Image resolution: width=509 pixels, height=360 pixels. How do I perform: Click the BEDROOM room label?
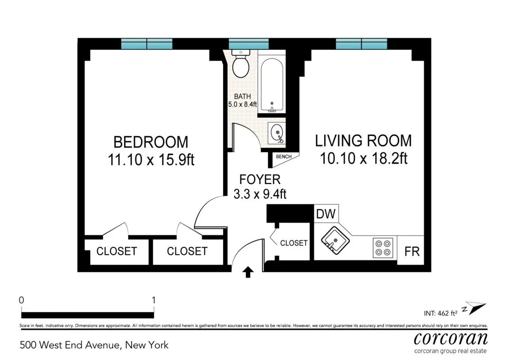pyautogui.click(x=151, y=142)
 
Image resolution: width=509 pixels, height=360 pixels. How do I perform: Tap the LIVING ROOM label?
pyautogui.click(x=363, y=140)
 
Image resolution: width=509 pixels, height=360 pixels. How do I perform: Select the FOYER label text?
pyautogui.click(x=260, y=180)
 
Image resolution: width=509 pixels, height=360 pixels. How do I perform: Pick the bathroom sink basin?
pyautogui.click(x=277, y=132)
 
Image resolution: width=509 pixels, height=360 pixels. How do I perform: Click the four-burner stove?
pyautogui.click(x=383, y=247)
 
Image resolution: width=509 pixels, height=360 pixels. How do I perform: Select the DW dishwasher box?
pyautogui.click(x=326, y=214)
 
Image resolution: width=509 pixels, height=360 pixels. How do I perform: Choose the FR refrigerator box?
pyautogui.click(x=412, y=251)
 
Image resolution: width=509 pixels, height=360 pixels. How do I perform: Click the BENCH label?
pyautogui.click(x=284, y=157)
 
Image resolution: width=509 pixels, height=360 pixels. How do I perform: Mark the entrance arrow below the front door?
pyautogui.click(x=248, y=272)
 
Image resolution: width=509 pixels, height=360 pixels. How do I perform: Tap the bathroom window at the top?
pyautogui.click(x=248, y=44)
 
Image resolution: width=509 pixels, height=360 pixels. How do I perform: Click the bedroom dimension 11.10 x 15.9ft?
pyautogui.click(x=151, y=160)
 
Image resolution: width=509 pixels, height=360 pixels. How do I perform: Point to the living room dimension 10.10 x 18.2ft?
pyautogui.click(x=363, y=158)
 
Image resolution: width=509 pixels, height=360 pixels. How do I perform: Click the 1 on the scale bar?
pyautogui.click(x=154, y=300)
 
